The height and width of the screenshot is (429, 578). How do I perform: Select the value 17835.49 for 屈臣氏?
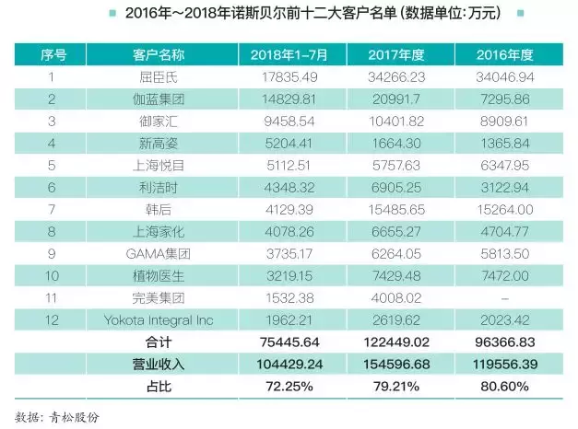282,77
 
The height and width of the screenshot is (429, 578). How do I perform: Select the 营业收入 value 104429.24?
282,365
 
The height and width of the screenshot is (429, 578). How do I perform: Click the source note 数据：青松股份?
57,415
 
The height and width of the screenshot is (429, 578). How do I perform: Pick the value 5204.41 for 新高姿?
282,144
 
